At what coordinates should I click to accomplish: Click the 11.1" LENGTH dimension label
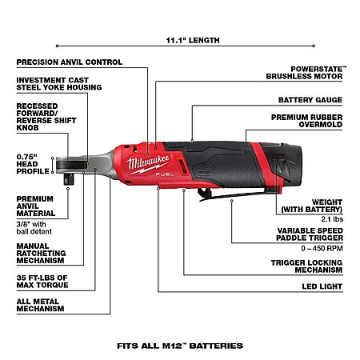click(x=193, y=40)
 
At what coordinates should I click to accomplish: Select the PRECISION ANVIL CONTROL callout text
click(x=70, y=62)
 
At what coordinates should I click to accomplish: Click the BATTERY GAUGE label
click(x=310, y=100)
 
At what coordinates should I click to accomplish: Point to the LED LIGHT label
click(x=322, y=286)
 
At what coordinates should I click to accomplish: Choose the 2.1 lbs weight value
click(x=332, y=219)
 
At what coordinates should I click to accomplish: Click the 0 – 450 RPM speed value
click(x=322, y=249)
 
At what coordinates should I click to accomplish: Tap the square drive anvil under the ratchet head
click(x=69, y=179)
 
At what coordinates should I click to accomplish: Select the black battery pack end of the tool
click(x=286, y=165)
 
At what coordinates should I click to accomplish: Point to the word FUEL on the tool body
click(x=165, y=174)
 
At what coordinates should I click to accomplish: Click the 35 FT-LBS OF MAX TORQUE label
click(x=42, y=282)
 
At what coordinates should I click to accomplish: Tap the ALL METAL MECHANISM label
click(x=40, y=305)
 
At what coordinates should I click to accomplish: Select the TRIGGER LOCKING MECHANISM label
click(x=306, y=266)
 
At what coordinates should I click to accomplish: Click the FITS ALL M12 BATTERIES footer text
click(x=180, y=346)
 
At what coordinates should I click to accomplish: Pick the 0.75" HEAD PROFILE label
click(x=33, y=164)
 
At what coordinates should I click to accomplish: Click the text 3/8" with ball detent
click(x=34, y=228)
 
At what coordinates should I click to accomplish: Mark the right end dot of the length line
click(x=314, y=46)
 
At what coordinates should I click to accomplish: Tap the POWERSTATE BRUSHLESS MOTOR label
click(x=304, y=73)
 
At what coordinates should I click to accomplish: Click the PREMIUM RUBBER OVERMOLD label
click(x=306, y=121)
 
